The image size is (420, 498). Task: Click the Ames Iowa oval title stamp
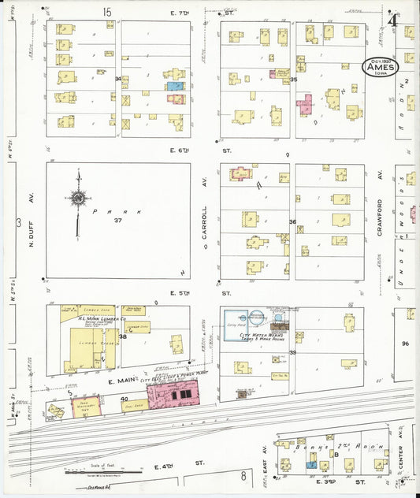click(x=382, y=69)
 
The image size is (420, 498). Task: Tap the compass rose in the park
click(x=78, y=199)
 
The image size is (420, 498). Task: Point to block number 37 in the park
click(x=118, y=220)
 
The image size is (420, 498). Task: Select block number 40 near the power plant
click(x=125, y=398)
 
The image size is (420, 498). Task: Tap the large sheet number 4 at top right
click(x=392, y=20)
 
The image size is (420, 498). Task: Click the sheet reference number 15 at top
click(x=107, y=11)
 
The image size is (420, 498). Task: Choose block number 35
click(x=293, y=80)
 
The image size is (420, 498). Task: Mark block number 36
click(x=292, y=221)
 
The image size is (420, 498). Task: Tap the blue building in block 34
click(x=176, y=85)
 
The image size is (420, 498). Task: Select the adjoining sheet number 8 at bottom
click(x=244, y=475)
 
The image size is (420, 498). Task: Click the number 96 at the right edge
click(x=406, y=344)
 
